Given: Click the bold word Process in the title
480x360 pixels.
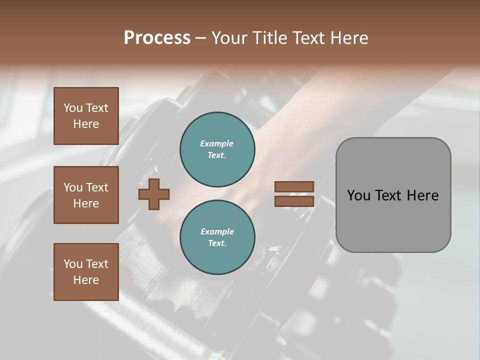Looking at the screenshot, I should (x=157, y=38).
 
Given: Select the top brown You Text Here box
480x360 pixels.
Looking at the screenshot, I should (x=86, y=116).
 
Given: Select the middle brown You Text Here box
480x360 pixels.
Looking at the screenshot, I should (x=86, y=195).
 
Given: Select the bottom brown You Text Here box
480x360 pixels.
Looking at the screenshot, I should (x=86, y=272).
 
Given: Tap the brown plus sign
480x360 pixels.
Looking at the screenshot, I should (x=154, y=194).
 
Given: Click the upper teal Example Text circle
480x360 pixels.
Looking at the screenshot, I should (x=217, y=149).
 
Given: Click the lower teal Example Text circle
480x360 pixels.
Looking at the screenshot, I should (x=217, y=237).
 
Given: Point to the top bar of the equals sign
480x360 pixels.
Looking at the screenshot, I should (x=294, y=186).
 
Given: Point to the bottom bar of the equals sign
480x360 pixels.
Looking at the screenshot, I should (x=294, y=201).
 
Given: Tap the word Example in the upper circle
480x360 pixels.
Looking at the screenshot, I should (x=217, y=143).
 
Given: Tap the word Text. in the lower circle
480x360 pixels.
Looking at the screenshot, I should (x=217, y=243).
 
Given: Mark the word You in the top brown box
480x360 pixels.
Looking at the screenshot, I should (x=72, y=108).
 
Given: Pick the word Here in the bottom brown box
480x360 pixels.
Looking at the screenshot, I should (x=86, y=280).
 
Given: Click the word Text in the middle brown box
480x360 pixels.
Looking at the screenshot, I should (x=97, y=187).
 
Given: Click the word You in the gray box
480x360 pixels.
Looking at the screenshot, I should (x=358, y=195).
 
